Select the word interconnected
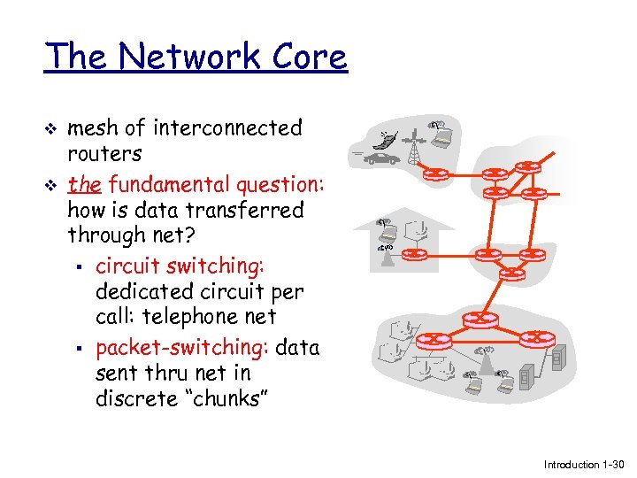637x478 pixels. click(x=227, y=128)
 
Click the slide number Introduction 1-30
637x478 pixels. click(x=584, y=465)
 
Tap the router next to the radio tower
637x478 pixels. click(x=436, y=173)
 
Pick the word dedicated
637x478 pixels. click(x=142, y=291)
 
